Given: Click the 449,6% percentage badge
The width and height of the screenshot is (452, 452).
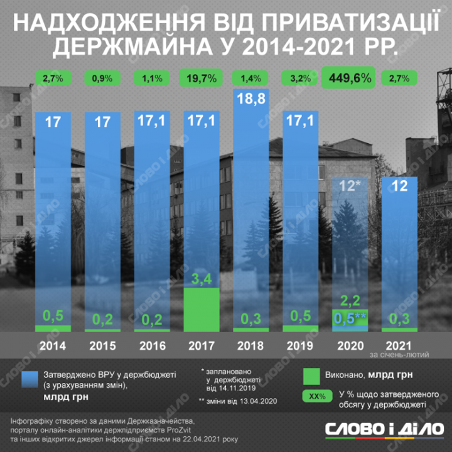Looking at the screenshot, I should (x=348, y=78).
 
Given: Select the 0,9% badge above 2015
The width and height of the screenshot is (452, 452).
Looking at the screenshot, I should (x=102, y=78).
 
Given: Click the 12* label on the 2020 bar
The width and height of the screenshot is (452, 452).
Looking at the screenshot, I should (x=349, y=186).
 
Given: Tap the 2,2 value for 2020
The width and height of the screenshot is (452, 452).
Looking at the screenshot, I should (x=349, y=299).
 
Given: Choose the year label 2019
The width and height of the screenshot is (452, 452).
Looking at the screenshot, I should (x=299, y=345).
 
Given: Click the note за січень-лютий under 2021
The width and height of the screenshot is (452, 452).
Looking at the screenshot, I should (x=399, y=355).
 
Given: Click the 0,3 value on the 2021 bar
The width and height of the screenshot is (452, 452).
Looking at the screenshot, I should (x=399, y=320).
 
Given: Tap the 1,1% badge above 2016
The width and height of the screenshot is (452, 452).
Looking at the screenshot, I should (x=151, y=78).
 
